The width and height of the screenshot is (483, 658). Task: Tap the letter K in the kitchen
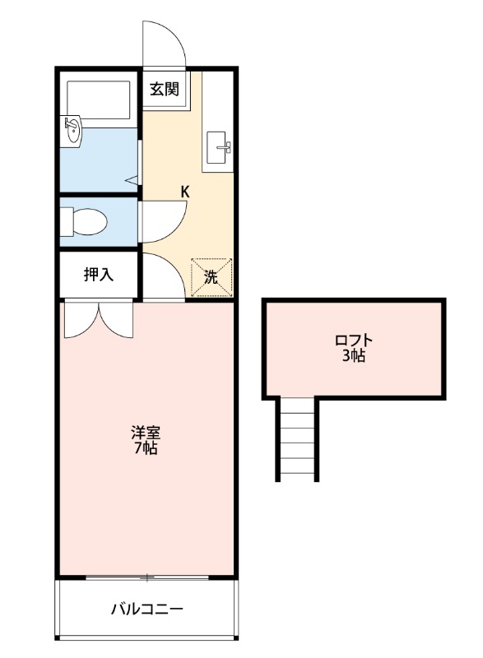pos(185,192)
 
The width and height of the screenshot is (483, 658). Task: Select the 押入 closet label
pos(99,275)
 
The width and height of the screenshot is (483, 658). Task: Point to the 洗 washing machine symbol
pos(212,277)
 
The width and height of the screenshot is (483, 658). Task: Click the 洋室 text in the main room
pos(146,432)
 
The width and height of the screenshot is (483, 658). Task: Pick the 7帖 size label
pos(146,448)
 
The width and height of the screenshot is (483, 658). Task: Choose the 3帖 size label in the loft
pos(354,356)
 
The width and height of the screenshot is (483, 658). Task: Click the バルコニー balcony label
pos(147,609)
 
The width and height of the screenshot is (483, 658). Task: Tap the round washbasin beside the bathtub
pos(72,128)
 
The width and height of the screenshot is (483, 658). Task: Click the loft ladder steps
pos(296,438)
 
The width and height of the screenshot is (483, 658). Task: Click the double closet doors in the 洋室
pos(98,319)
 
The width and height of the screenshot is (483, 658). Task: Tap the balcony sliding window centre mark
pos(146,577)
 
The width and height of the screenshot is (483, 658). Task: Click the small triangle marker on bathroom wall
pos(131,178)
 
